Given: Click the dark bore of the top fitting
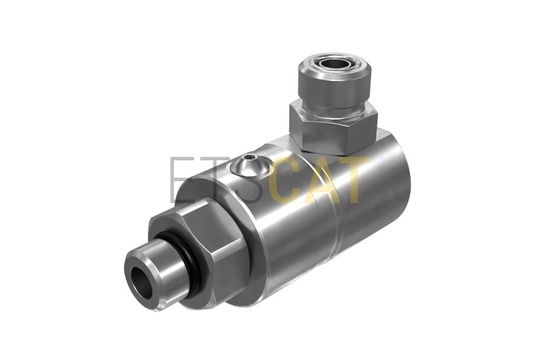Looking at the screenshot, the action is [333, 64].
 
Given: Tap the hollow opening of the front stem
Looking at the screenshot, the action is [142, 279].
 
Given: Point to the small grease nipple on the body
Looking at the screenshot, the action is [249, 165].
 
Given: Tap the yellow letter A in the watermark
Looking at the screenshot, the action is [322, 180].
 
